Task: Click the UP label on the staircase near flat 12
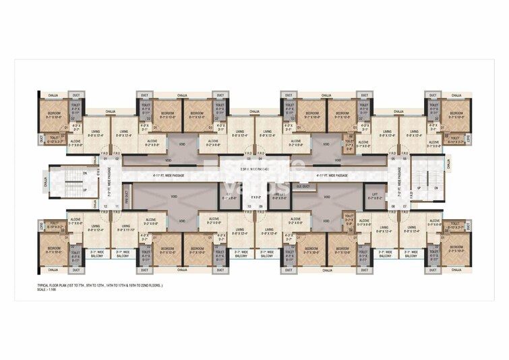(x=84, y=189)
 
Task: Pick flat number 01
(x=106, y=159)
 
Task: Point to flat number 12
(x=106, y=206)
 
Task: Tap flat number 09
(x=260, y=206)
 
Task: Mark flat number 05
(x=390, y=159)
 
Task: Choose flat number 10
(x=249, y=206)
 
